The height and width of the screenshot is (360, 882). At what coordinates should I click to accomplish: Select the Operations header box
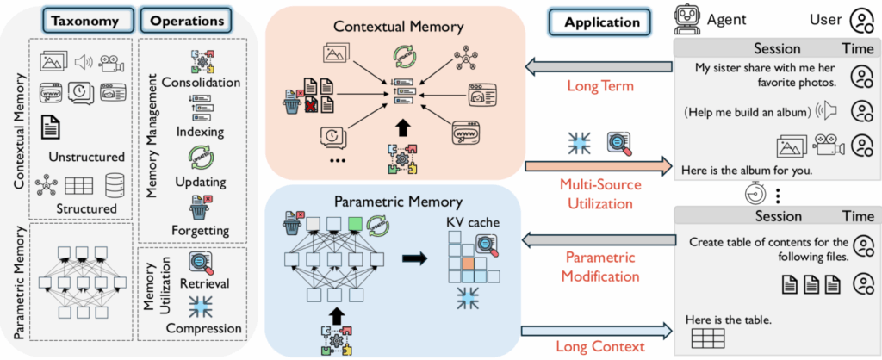(186, 20)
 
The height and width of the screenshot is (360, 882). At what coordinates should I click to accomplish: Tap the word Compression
(200, 327)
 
